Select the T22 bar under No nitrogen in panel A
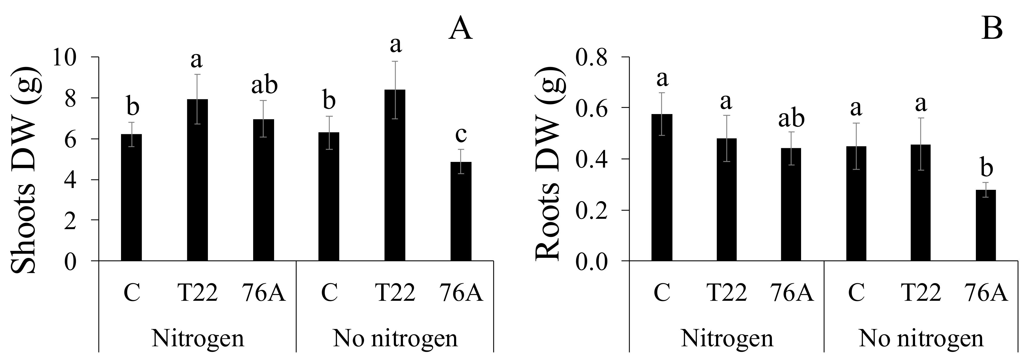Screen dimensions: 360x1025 pos(395,175)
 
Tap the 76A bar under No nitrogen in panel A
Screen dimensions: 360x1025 pos(461,211)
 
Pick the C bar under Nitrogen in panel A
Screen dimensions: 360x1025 pos(131,197)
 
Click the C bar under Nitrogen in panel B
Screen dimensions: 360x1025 pos(662,187)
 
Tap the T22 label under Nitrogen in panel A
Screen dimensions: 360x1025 pos(197,293)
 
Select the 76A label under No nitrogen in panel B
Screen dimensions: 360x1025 pos(986,293)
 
